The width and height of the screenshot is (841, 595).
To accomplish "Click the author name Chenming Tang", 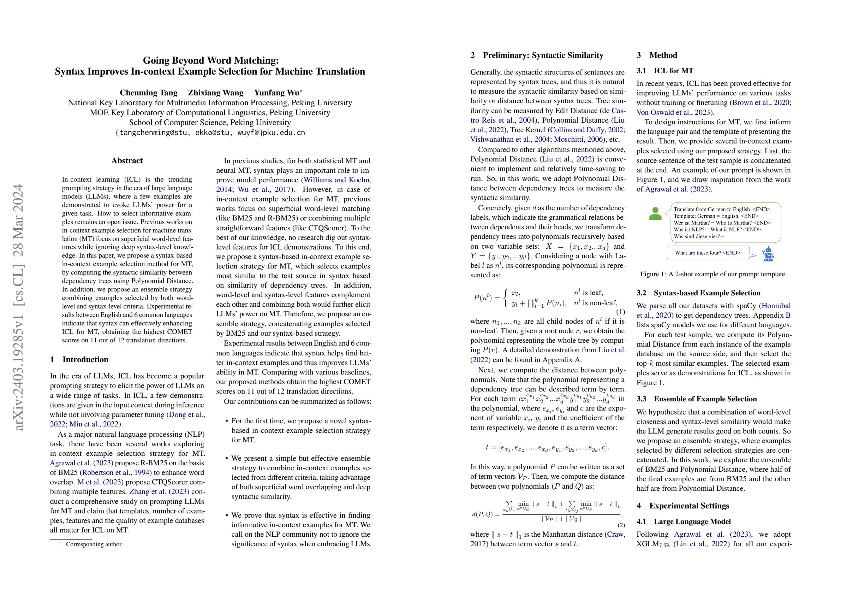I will point(148,93).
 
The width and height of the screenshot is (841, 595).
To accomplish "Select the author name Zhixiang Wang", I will point(215,93).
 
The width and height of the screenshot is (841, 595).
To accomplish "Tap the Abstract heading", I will point(127,160).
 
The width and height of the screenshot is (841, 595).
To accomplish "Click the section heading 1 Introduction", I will point(79,359).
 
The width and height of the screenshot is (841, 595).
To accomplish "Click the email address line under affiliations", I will point(210,133).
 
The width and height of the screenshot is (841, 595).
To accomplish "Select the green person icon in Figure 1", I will point(655,214).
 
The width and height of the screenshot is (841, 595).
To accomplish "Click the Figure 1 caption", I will point(713,274).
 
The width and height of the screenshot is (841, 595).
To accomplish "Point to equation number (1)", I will point(620,312).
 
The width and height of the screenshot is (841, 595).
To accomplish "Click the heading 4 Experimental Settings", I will point(683,506).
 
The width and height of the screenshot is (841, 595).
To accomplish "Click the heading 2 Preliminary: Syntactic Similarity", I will point(537,55).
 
